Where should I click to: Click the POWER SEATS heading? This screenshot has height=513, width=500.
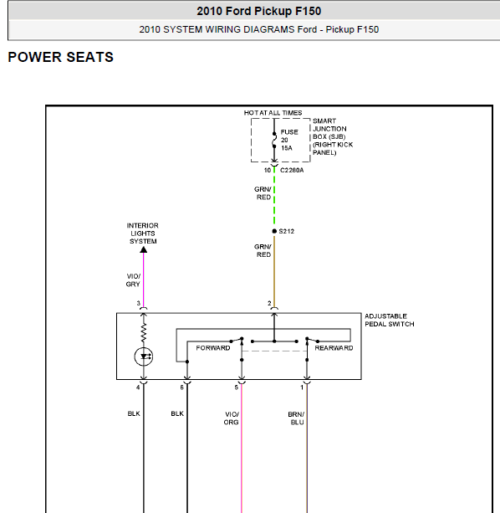tap(60, 57)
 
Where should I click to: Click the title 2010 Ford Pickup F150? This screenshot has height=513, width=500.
tap(259, 11)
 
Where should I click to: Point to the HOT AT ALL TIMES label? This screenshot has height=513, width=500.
tap(273, 113)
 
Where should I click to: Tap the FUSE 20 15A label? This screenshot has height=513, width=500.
tap(289, 140)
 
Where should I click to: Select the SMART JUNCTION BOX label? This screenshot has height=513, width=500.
tap(333, 136)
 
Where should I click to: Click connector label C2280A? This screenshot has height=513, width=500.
tap(292, 170)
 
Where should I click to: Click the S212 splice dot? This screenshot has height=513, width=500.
tap(274, 231)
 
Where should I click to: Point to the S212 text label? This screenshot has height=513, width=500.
tap(287, 231)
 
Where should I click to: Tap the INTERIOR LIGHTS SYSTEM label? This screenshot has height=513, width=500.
tap(143, 233)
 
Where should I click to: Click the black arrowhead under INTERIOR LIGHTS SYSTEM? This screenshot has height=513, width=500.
tap(144, 250)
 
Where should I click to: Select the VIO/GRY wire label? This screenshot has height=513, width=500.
tap(133, 280)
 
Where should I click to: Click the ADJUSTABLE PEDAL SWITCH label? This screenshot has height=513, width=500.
tap(390, 320)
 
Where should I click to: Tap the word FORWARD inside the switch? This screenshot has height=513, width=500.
tap(213, 348)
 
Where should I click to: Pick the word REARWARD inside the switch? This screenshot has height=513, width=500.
tap(334, 348)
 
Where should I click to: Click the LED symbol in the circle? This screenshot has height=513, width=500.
tap(144, 357)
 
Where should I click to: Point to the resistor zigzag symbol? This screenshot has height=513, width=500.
tap(144, 332)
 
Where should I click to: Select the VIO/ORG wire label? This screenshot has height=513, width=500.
tap(232, 418)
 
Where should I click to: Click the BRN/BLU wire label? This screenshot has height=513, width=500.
tap(296, 418)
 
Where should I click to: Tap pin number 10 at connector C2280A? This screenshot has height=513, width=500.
tap(268, 170)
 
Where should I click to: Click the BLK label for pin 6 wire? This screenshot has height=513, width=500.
tap(177, 413)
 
